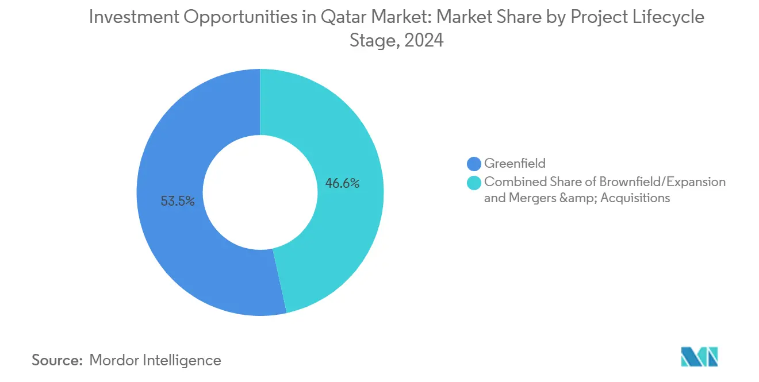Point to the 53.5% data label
click(178, 202)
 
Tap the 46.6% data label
click(342, 184)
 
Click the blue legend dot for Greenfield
click(474, 164)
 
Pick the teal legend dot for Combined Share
click(474, 183)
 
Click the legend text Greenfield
click(515, 164)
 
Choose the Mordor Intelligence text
click(155, 360)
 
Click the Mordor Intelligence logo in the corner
click(699, 357)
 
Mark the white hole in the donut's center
click(260, 192)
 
